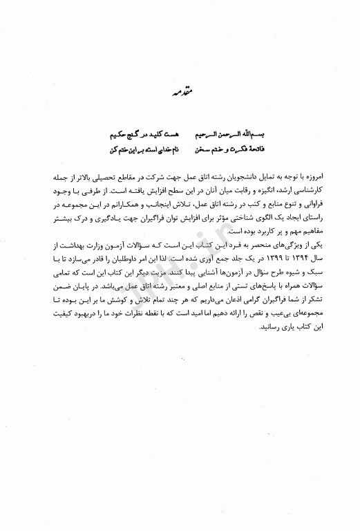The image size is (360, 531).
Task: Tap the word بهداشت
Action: (70, 234)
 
